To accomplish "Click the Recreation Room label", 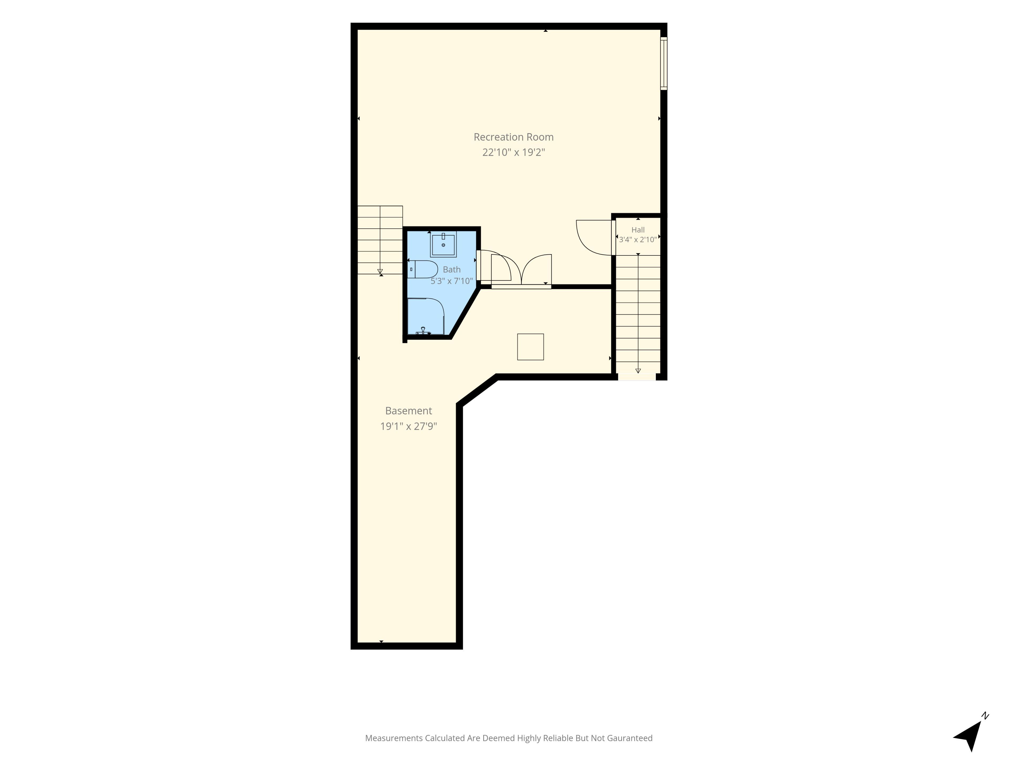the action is pyautogui.click(x=514, y=137).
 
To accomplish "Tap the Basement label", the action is pyautogui.click(x=408, y=410).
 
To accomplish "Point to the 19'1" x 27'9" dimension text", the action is pyautogui.click(x=408, y=426).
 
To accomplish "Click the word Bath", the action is pyautogui.click(x=451, y=270).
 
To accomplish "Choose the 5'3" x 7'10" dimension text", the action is pyautogui.click(x=451, y=281).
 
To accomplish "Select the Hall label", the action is pyautogui.click(x=638, y=230).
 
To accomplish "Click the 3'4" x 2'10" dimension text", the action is pyautogui.click(x=638, y=240).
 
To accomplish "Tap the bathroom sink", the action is pyautogui.click(x=443, y=244).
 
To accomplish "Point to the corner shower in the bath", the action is pyautogui.click(x=426, y=316).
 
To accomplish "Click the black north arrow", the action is pyautogui.click(x=969, y=736).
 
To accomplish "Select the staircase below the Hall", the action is pyautogui.click(x=638, y=315).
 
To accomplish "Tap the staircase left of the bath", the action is pyautogui.click(x=380, y=240).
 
